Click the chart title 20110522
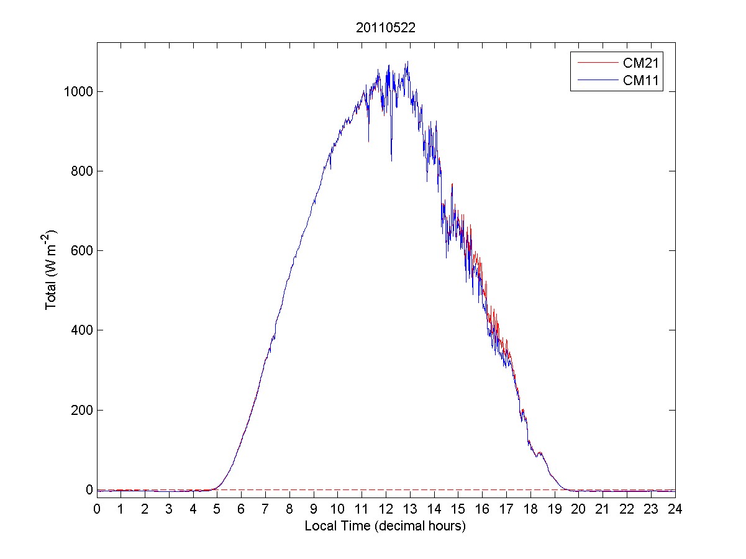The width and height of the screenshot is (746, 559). pos(386,28)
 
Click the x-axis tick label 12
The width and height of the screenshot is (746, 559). pos(386,509)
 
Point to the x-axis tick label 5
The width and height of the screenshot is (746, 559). pos(217,509)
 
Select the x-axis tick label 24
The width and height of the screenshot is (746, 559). pos(675,509)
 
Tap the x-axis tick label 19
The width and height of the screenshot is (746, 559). pos(555,509)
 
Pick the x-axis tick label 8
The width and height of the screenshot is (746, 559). pos(289,509)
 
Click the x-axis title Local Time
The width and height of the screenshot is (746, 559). pos(385,526)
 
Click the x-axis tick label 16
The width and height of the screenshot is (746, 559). pos(483,509)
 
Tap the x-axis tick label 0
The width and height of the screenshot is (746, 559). pos(97,509)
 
